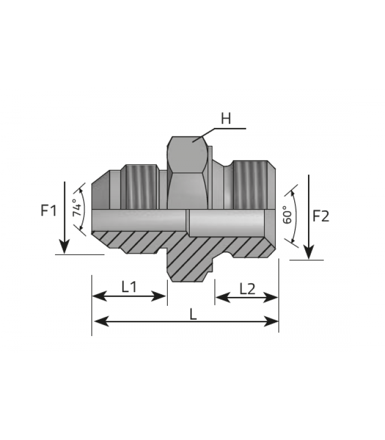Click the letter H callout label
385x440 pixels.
(x=226, y=118)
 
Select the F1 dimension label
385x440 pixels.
(x=49, y=210)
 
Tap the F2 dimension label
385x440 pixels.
(x=321, y=216)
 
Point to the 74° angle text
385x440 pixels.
(x=77, y=208)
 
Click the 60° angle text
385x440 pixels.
(x=287, y=215)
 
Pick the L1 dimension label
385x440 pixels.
(x=129, y=287)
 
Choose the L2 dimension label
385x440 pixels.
(x=247, y=289)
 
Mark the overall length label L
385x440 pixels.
(x=193, y=314)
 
